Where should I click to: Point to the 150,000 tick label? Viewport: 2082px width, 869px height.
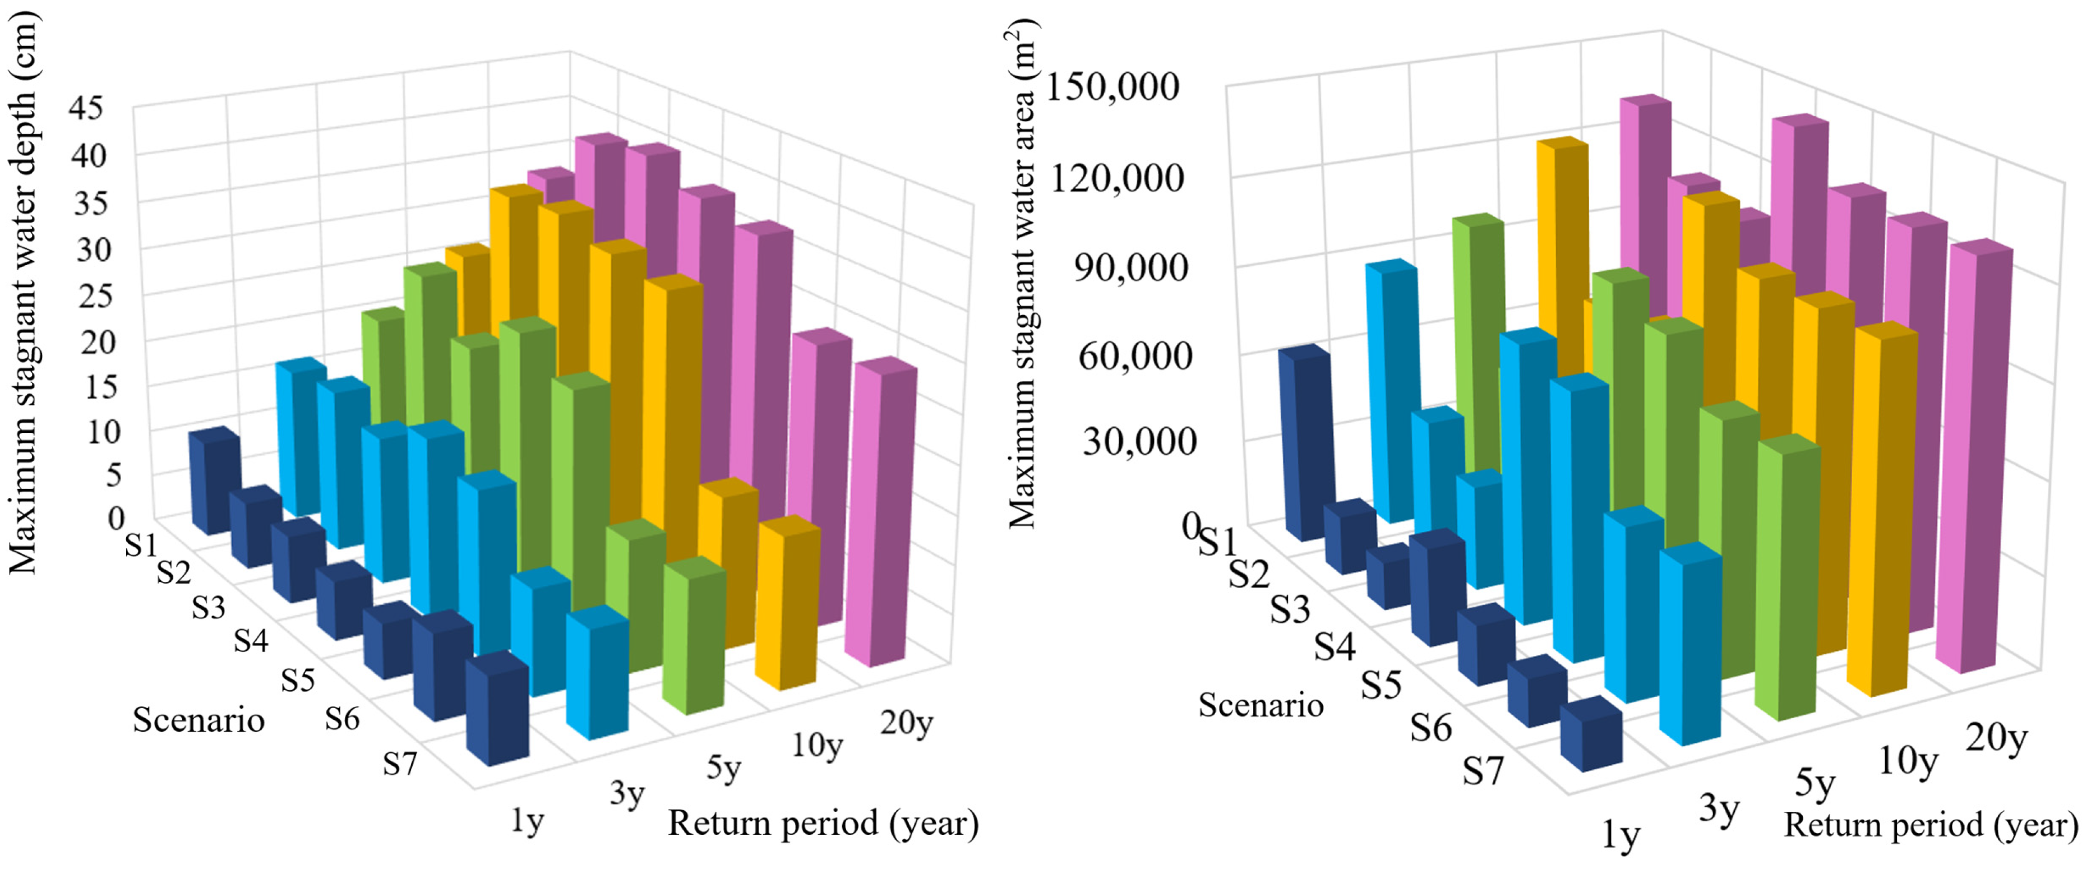1112,86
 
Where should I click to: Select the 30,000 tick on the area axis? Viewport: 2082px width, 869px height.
1139,441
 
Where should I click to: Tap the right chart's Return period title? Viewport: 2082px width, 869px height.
1931,825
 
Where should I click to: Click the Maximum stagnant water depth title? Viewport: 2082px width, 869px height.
22,295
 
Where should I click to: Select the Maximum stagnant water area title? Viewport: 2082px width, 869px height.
1022,275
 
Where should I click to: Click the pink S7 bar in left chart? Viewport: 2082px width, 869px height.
881,517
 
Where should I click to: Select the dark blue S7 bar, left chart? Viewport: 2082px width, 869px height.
497,711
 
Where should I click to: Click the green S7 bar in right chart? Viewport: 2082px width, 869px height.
1788,582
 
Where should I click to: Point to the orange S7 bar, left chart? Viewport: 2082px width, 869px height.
786,606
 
